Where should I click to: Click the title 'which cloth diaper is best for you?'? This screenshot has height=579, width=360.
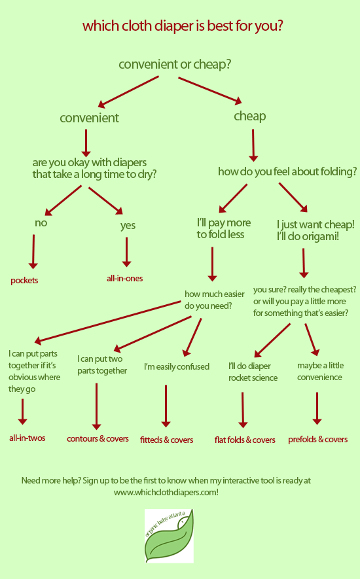(183, 26)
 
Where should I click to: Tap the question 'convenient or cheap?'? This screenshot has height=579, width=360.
(175, 65)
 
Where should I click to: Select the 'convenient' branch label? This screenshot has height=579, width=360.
(89, 118)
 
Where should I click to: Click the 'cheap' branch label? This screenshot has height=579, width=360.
(250, 116)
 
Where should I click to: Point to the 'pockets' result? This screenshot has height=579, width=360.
(24, 281)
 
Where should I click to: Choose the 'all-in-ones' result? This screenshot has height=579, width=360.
(124, 279)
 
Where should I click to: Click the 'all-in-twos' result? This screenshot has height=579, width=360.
(27, 438)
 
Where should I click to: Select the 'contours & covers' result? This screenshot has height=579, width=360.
(98, 439)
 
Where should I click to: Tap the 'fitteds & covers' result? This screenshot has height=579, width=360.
(166, 440)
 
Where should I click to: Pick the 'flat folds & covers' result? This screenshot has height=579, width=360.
(245, 440)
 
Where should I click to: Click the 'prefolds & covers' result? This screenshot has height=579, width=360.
(318, 440)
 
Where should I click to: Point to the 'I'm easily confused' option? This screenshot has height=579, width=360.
(177, 366)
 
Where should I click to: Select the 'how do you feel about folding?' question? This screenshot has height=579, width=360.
(287, 171)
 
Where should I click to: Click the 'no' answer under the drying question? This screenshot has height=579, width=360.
(41, 223)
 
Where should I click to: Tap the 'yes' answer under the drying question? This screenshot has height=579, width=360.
(128, 225)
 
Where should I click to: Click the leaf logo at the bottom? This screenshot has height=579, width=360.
(169, 536)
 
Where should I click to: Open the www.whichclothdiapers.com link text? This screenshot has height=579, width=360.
(166, 493)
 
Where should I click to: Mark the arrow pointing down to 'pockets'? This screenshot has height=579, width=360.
(33, 251)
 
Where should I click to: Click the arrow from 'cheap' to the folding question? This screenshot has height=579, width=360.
(253, 145)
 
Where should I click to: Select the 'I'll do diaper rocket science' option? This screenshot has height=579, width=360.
(253, 372)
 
